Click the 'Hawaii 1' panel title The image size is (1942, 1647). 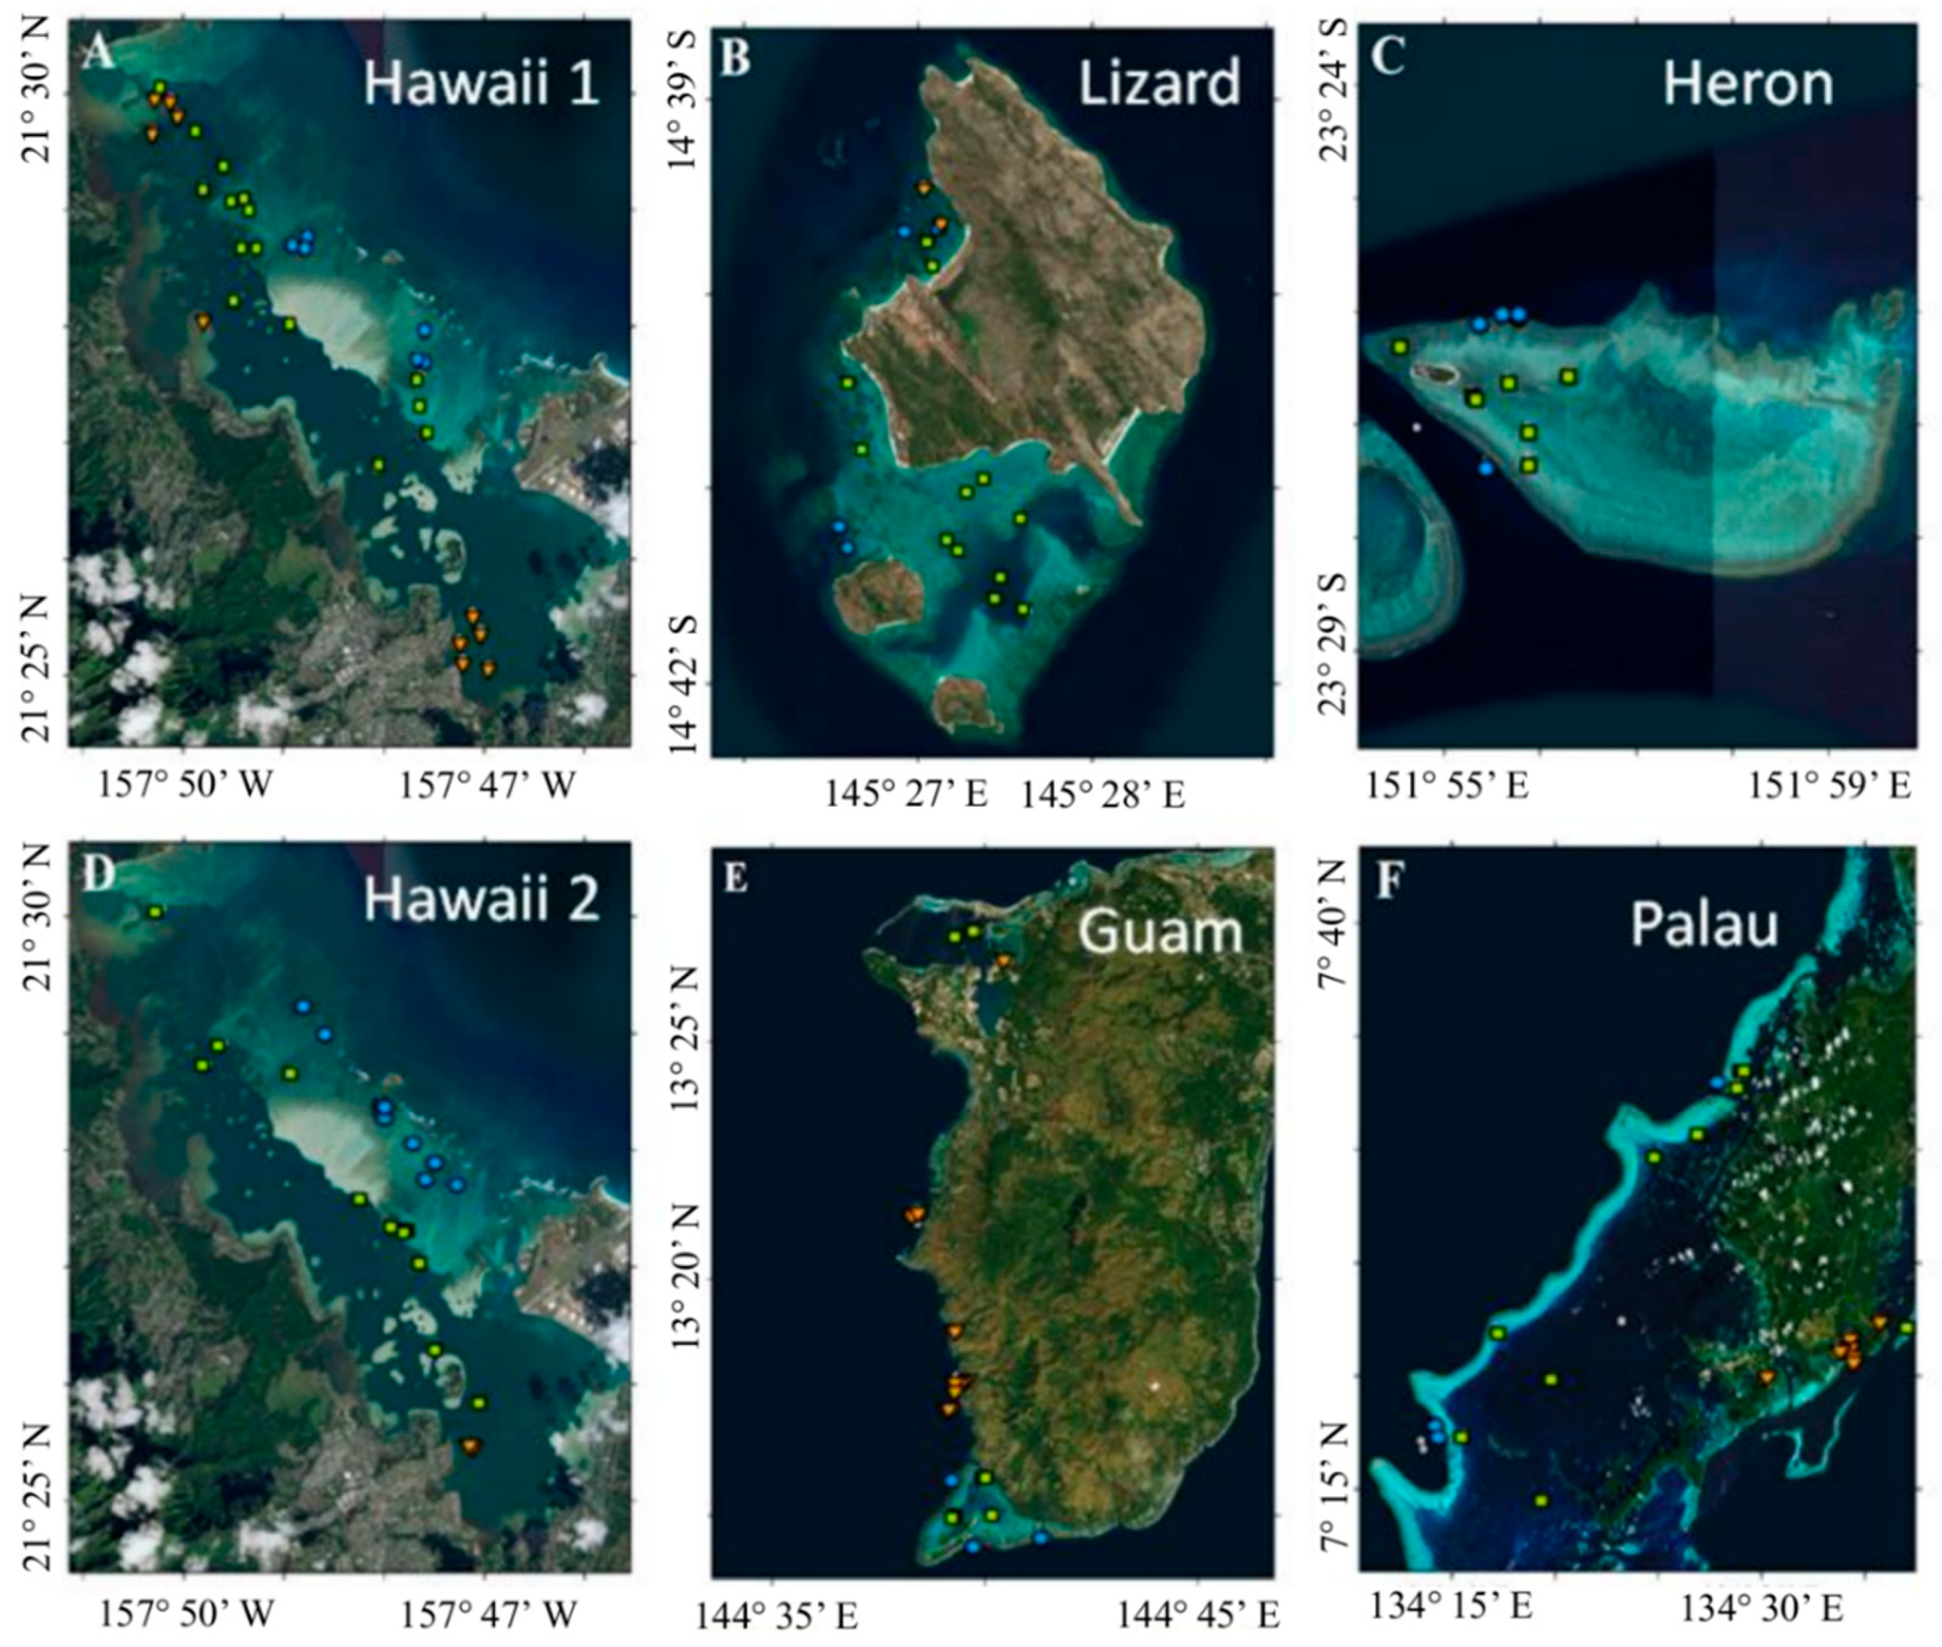click(480, 85)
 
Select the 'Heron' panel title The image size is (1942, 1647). click(1748, 85)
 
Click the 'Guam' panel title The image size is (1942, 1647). click(1160, 932)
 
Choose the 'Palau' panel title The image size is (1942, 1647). click(1704, 925)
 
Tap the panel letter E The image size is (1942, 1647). click(736, 879)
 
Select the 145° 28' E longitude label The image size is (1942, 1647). click(1102, 796)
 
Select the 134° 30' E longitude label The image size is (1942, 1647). click(1762, 1607)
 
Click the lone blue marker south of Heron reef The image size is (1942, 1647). click(1486, 468)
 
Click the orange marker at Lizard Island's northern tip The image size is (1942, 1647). click(923, 187)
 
